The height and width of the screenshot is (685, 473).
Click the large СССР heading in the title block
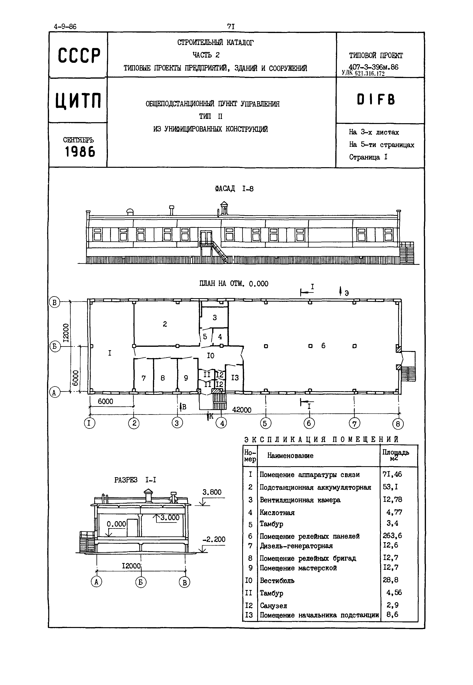pyautogui.click(x=79, y=55)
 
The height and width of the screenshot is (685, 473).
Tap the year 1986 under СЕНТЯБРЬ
pyautogui.click(x=80, y=152)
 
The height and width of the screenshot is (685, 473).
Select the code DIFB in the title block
pyautogui.click(x=376, y=100)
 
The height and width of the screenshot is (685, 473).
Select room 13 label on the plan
pyautogui.click(x=235, y=378)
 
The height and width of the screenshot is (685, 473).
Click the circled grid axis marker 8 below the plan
pyautogui.click(x=398, y=424)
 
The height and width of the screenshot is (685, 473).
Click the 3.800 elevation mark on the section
pyautogui.click(x=212, y=492)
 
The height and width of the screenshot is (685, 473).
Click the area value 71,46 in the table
pyautogui.click(x=392, y=475)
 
